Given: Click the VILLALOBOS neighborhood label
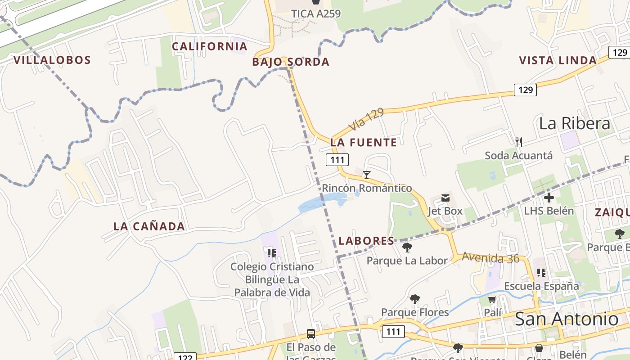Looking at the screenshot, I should [x=52, y=60].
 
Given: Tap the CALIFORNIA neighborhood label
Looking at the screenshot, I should [x=210, y=46].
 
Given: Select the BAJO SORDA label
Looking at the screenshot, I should [x=291, y=62].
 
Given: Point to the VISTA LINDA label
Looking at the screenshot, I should [x=558, y=60].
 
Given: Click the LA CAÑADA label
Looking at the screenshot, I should [x=149, y=226].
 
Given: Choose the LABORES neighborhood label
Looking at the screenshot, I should [x=366, y=241].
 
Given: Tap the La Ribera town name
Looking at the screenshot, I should [x=574, y=123].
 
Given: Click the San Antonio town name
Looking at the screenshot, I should [x=566, y=319].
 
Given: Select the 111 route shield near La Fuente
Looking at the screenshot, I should [x=337, y=160].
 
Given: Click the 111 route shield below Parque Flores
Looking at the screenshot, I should [x=393, y=332].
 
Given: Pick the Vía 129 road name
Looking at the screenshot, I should [x=366, y=119].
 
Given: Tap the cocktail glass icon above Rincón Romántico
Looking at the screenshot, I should [x=367, y=175].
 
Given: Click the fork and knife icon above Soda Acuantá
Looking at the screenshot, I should [x=519, y=142].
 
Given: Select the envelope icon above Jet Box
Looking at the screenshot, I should [x=445, y=198].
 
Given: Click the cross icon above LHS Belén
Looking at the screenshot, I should [x=549, y=197].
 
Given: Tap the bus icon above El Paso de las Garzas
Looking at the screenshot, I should [x=310, y=334].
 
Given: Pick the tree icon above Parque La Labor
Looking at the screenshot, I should [x=407, y=247].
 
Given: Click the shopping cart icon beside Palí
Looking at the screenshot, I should [x=492, y=299].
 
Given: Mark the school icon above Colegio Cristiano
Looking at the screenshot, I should [x=271, y=253].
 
